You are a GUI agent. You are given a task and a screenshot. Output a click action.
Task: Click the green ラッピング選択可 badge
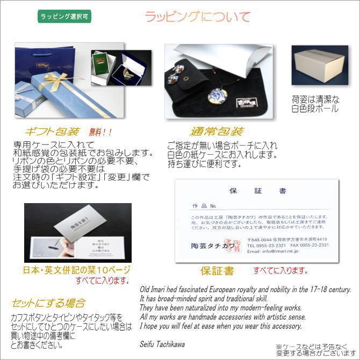66,16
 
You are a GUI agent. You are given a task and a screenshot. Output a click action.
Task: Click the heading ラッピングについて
198,17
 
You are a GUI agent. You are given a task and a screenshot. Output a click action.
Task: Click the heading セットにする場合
48,303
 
